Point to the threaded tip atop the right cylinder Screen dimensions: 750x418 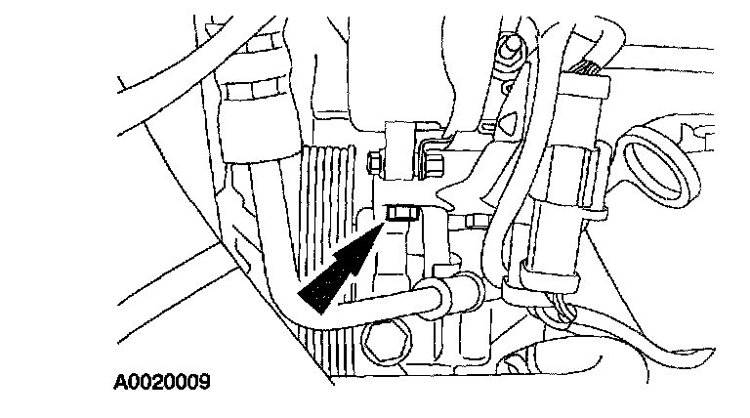(x=590, y=66)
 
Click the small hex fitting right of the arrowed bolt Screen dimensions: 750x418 (x=479, y=222)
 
